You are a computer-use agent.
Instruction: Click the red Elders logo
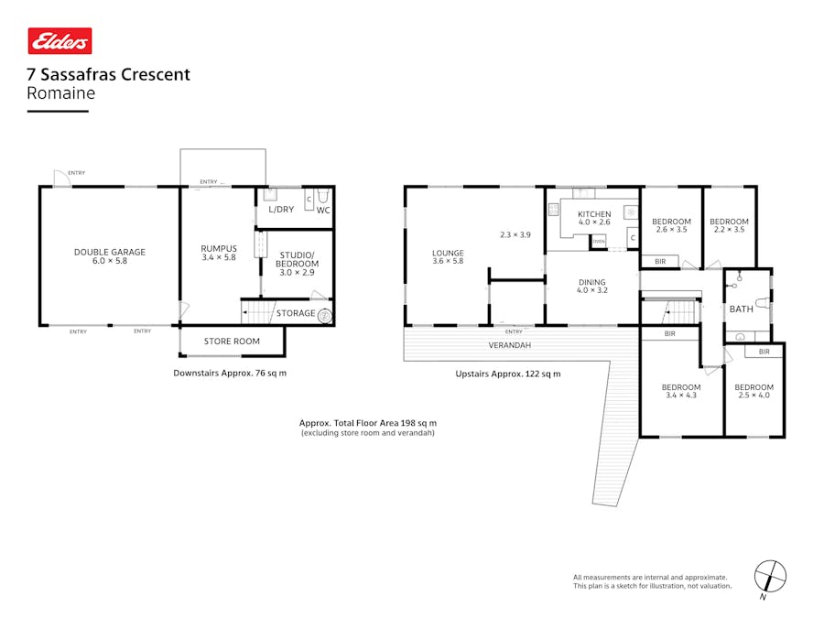click(x=60, y=41)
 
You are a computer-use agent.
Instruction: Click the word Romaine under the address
click(x=61, y=93)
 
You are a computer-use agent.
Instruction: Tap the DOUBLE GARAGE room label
click(x=110, y=253)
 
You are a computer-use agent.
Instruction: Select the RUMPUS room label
click(x=219, y=248)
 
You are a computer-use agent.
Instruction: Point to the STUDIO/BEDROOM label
click(x=297, y=260)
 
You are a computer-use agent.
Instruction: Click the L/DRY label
click(x=281, y=209)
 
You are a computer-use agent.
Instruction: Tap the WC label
click(x=323, y=211)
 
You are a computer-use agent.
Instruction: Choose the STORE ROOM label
click(x=232, y=342)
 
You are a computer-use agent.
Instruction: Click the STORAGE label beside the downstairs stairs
click(x=296, y=313)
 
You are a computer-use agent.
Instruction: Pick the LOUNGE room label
click(x=448, y=253)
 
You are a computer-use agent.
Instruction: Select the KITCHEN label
click(x=594, y=214)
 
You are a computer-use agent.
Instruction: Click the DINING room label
click(x=591, y=282)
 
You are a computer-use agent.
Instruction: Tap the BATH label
click(x=741, y=309)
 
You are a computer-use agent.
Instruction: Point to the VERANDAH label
click(x=510, y=345)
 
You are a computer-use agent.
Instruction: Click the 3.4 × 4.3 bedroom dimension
click(x=681, y=396)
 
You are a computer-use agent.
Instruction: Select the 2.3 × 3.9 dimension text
click(x=515, y=235)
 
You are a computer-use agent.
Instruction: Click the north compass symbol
click(x=770, y=578)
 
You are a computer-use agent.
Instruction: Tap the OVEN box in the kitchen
click(x=599, y=241)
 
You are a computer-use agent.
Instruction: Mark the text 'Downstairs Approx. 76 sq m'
click(x=230, y=374)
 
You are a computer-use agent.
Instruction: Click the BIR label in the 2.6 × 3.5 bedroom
click(x=660, y=261)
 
